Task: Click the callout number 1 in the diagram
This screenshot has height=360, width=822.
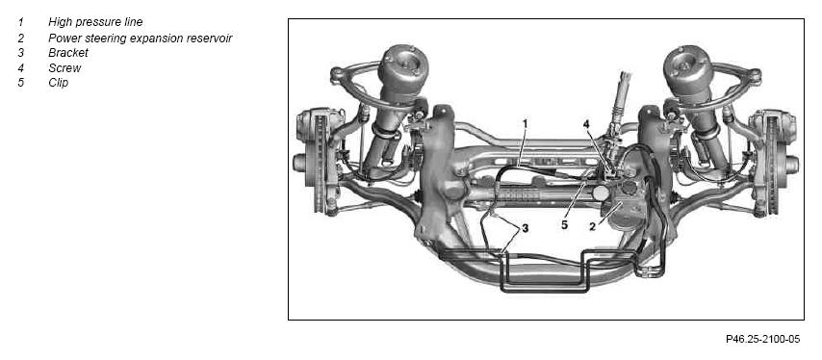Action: (x=525, y=123)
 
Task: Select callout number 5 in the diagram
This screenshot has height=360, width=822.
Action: (x=565, y=225)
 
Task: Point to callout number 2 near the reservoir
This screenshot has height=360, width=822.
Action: (x=592, y=226)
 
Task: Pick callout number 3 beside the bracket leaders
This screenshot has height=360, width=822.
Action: (x=525, y=229)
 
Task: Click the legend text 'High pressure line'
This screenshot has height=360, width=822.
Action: (x=95, y=22)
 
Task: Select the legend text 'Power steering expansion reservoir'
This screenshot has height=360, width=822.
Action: (x=140, y=38)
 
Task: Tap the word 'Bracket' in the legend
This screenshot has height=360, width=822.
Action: (x=68, y=53)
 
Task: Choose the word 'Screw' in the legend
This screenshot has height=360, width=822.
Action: (x=64, y=68)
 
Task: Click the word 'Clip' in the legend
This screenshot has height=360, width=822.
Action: (x=58, y=83)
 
